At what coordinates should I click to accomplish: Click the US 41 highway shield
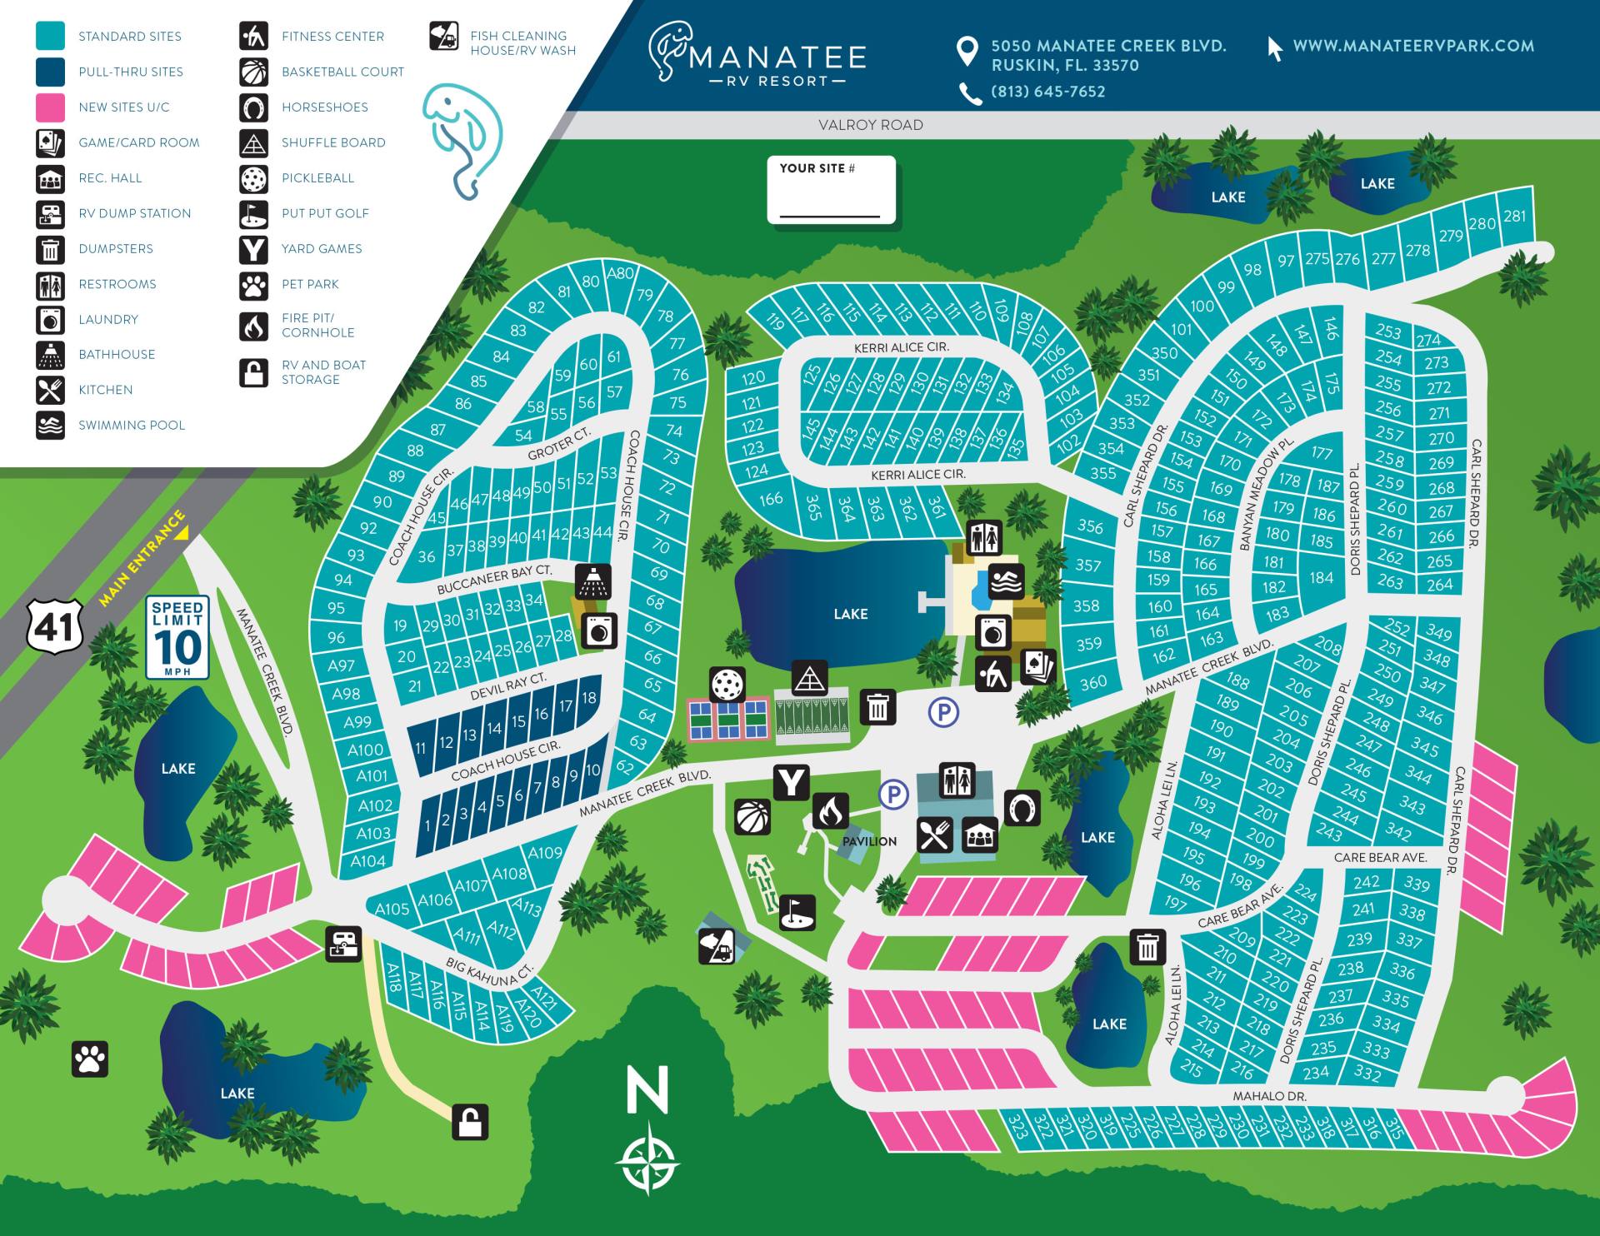(x=54, y=626)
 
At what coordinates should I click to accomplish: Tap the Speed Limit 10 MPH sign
(x=177, y=637)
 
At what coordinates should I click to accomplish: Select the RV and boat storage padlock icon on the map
(x=470, y=1122)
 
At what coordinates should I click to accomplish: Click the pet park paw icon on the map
(x=89, y=1059)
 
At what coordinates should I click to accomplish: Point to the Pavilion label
(x=869, y=841)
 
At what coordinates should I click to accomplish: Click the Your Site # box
(x=831, y=190)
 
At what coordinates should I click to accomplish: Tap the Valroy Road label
(x=870, y=125)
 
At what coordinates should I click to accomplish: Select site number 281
(x=1514, y=217)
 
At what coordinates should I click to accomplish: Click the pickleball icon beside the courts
(x=727, y=684)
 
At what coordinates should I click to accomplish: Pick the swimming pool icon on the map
(x=1006, y=582)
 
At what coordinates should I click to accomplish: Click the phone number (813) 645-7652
(x=1047, y=92)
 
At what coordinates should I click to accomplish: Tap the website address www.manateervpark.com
(x=1412, y=47)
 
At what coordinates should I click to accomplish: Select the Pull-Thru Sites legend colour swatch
(x=50, y=72)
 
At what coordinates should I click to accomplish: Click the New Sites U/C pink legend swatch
(x=50, y=107)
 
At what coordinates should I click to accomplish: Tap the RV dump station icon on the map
(x=343, y=944)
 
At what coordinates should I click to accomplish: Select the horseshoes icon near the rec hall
(x=1022, y=807)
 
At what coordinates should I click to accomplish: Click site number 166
(x=771, y=499)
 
